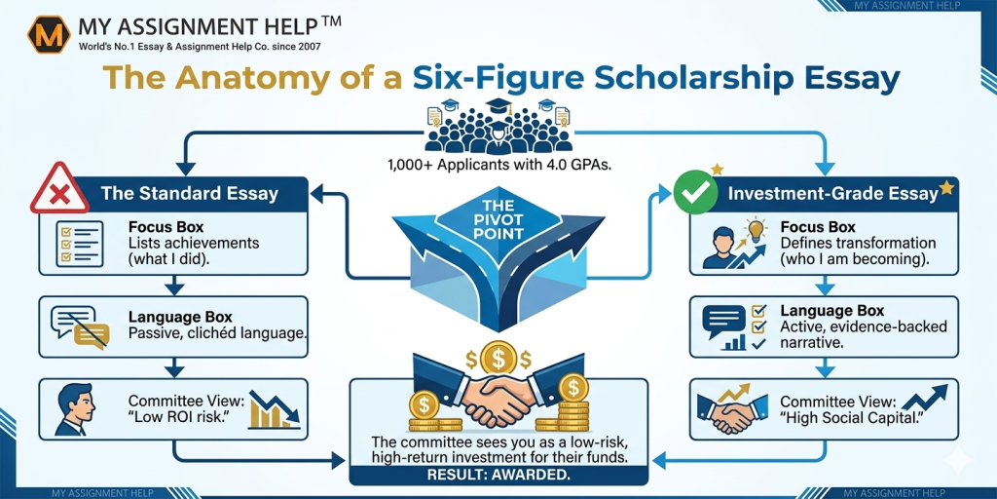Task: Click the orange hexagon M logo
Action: pos(49,34)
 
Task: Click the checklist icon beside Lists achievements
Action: pos(79,245)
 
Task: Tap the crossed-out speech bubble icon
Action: pos(80,327)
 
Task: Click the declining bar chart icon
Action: pos(274,409)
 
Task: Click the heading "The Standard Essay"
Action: pos(190,194)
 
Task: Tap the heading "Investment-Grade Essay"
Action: pos(833,194)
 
